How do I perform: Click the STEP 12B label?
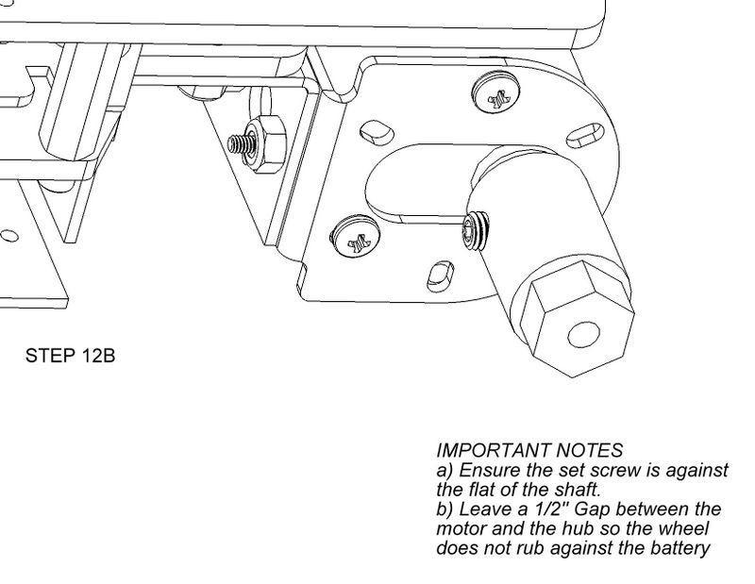coord(70,356)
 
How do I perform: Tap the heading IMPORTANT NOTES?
coord(529,451)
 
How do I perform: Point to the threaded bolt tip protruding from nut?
coord(236,143)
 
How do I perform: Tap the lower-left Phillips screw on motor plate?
coord(355,237)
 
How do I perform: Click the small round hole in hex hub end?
coord(583,335)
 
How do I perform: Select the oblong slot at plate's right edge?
coord(584,135)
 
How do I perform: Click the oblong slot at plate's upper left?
coord(376,131)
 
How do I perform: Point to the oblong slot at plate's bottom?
coord(440,275)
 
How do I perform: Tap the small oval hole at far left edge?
coord(8,236)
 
